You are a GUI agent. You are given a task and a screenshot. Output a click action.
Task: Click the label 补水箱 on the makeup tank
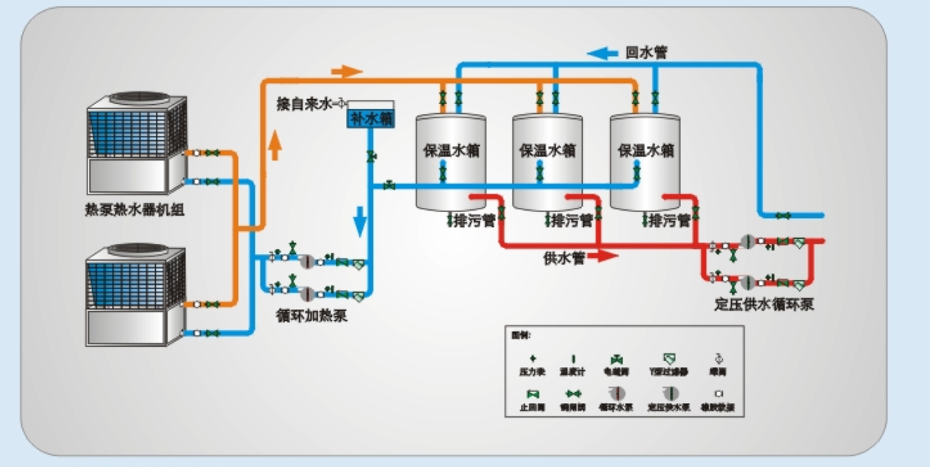[371, 117]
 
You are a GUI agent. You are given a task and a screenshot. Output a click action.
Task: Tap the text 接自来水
[304, 104]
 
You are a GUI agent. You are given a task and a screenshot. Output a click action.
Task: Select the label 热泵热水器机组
[134, 211]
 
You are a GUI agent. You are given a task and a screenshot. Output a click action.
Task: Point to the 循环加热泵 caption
[311, 316]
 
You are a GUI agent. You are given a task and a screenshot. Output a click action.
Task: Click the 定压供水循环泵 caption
[765, 304]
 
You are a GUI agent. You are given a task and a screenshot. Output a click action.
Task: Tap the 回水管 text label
[646, 53]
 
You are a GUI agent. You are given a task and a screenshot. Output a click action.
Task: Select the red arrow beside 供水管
[603, 256]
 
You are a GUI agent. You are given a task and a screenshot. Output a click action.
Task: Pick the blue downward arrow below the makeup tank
[360, 221]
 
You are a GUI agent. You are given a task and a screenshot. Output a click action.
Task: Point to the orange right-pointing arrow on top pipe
[347, 71]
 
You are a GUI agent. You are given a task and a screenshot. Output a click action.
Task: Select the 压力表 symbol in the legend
[533, 358]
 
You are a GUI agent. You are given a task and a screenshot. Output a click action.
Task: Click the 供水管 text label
[563, 258]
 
